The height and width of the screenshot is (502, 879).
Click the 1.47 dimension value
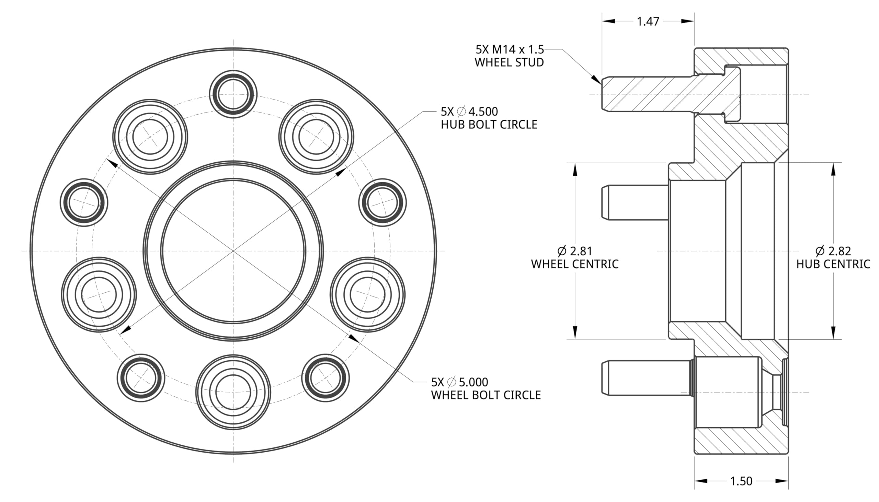click(648, 21)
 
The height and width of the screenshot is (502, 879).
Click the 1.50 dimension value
click(741, 481)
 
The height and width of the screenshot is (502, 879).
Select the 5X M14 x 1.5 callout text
click(510, 50)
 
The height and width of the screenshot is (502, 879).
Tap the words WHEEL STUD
click(509, 62)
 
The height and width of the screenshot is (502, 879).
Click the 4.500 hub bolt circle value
click(483, 112)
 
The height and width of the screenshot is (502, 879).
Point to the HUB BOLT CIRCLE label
click(489, 125)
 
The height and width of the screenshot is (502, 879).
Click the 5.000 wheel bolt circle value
click(473, 382)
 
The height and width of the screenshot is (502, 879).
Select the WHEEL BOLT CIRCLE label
click(486, 395)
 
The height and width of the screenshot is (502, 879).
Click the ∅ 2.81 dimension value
click(575, 251)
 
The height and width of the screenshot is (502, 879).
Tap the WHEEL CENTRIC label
click(575, 264)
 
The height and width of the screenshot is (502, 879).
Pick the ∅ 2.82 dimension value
click(833, 251)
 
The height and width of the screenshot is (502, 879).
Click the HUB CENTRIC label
click(833, 264)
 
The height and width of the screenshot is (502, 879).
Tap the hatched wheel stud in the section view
click(669, 94)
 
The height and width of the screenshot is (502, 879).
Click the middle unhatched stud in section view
click(635, 202)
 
